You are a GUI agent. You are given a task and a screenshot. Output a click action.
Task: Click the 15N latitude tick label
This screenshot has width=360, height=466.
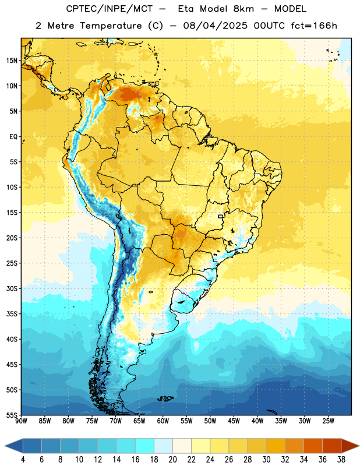pyautogui.click(x=12, y=61)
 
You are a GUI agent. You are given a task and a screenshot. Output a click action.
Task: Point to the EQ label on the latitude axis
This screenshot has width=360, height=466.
pyautogui.click(x=13, y=137)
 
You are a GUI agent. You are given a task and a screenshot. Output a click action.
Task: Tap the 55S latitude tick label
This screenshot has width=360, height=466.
pyautogui.click(x=12, y=415)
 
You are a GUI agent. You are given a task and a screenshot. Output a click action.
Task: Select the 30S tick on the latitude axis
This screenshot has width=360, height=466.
pyautogui.click(x=12, y=288)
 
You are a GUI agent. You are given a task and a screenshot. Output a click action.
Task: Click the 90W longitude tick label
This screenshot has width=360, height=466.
pyautogui.click(x=21, y=421)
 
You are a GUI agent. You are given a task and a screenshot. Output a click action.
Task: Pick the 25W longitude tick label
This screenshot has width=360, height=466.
pyautogui.click(x=328, y=421)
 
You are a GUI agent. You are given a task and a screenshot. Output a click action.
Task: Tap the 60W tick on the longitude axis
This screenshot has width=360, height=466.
pyautogui.click(x=163, y=421)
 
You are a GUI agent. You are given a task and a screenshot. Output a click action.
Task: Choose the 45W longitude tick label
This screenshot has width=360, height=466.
pyautogui.click(x=234, y=421)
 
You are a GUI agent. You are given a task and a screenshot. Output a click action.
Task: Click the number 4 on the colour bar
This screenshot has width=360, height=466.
pyautogui.click(x=23, y=460)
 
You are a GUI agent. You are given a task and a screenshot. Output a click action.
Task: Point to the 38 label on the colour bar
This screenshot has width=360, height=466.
pyautogui.click(x=341, y=460)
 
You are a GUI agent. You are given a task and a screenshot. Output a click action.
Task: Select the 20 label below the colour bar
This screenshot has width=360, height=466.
pyautogui.click(x=172, y=460)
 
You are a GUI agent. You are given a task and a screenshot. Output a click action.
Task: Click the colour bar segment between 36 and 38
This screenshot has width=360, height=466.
pyautogui.click(x=332, y=446)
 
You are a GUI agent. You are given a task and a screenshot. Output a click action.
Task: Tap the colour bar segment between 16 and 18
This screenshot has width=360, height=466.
pyautogui.click(x=145, y=446)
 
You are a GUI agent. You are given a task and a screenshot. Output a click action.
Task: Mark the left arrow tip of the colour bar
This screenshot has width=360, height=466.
pyautogui.click(x=5, y=446)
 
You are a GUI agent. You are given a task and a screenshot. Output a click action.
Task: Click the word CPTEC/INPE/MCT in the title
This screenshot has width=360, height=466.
pyautogui.click(x=109, y=9)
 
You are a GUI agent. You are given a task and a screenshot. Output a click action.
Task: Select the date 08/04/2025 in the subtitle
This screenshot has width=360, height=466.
pyautogui.click(x=215, y=26)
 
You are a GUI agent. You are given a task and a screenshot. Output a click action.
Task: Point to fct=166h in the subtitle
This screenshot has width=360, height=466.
pyautogui.click(x=314, y=26)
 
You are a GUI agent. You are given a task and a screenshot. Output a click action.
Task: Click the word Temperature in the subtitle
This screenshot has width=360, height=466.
pyautogui.click(x=111, y=26)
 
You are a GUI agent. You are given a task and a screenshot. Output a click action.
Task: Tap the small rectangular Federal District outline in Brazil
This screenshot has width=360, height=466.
pyautogui.click(x=221, y=216)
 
